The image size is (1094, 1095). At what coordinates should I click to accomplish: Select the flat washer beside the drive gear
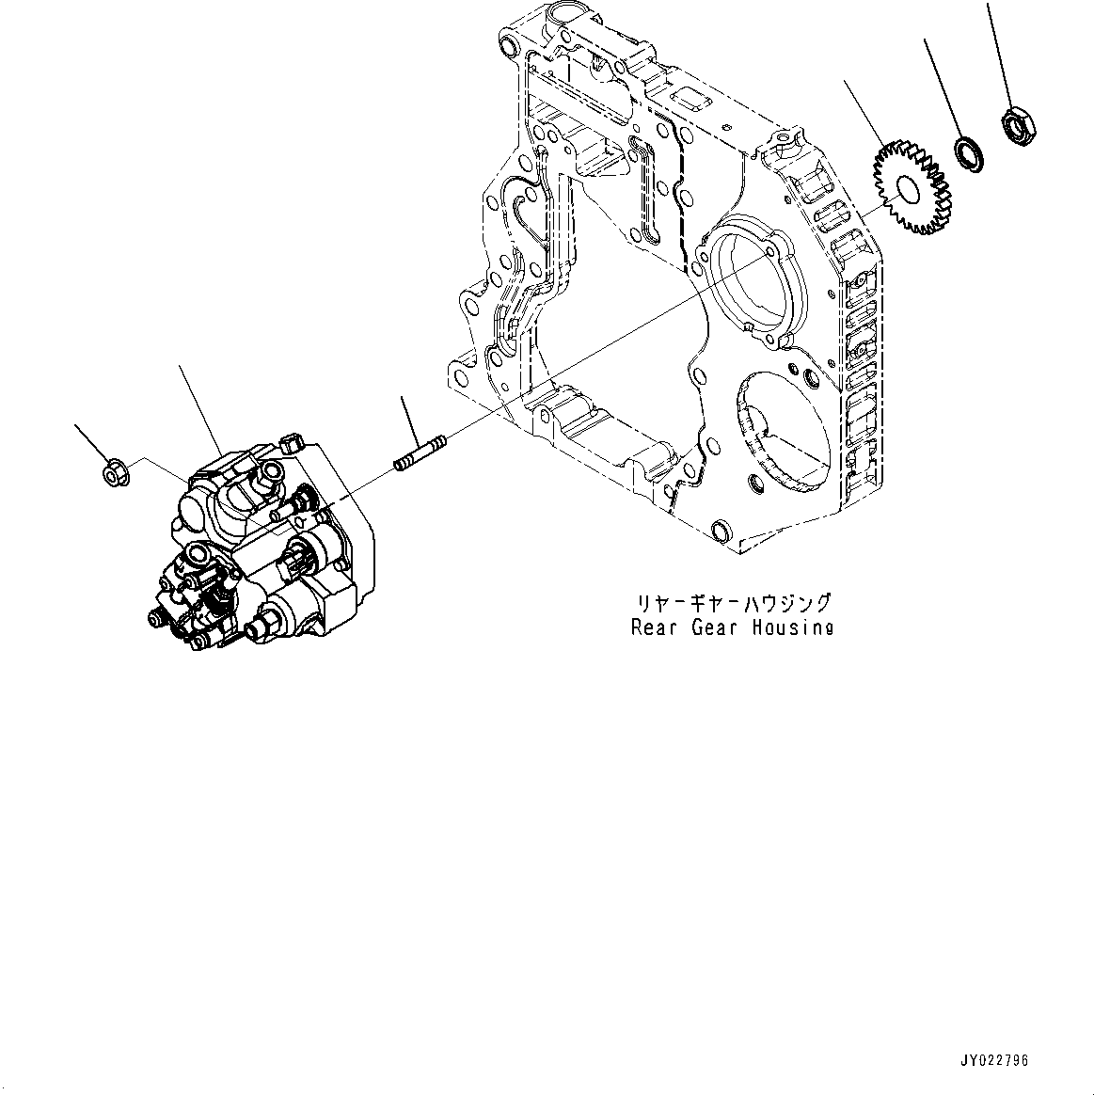(967, 152)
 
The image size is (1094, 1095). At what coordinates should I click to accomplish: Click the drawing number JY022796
(994, 1060)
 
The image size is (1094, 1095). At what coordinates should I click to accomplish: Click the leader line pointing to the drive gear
(864, 111)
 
